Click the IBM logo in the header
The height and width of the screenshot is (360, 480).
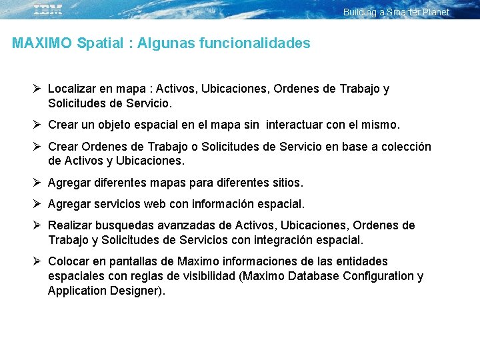(48, 9)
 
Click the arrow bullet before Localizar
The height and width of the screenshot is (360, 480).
(37, 88)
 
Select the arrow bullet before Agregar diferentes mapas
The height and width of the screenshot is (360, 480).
(37, 182)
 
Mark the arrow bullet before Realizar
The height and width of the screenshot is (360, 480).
(37, 225)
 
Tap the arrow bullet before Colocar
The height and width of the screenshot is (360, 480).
(37, 261)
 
